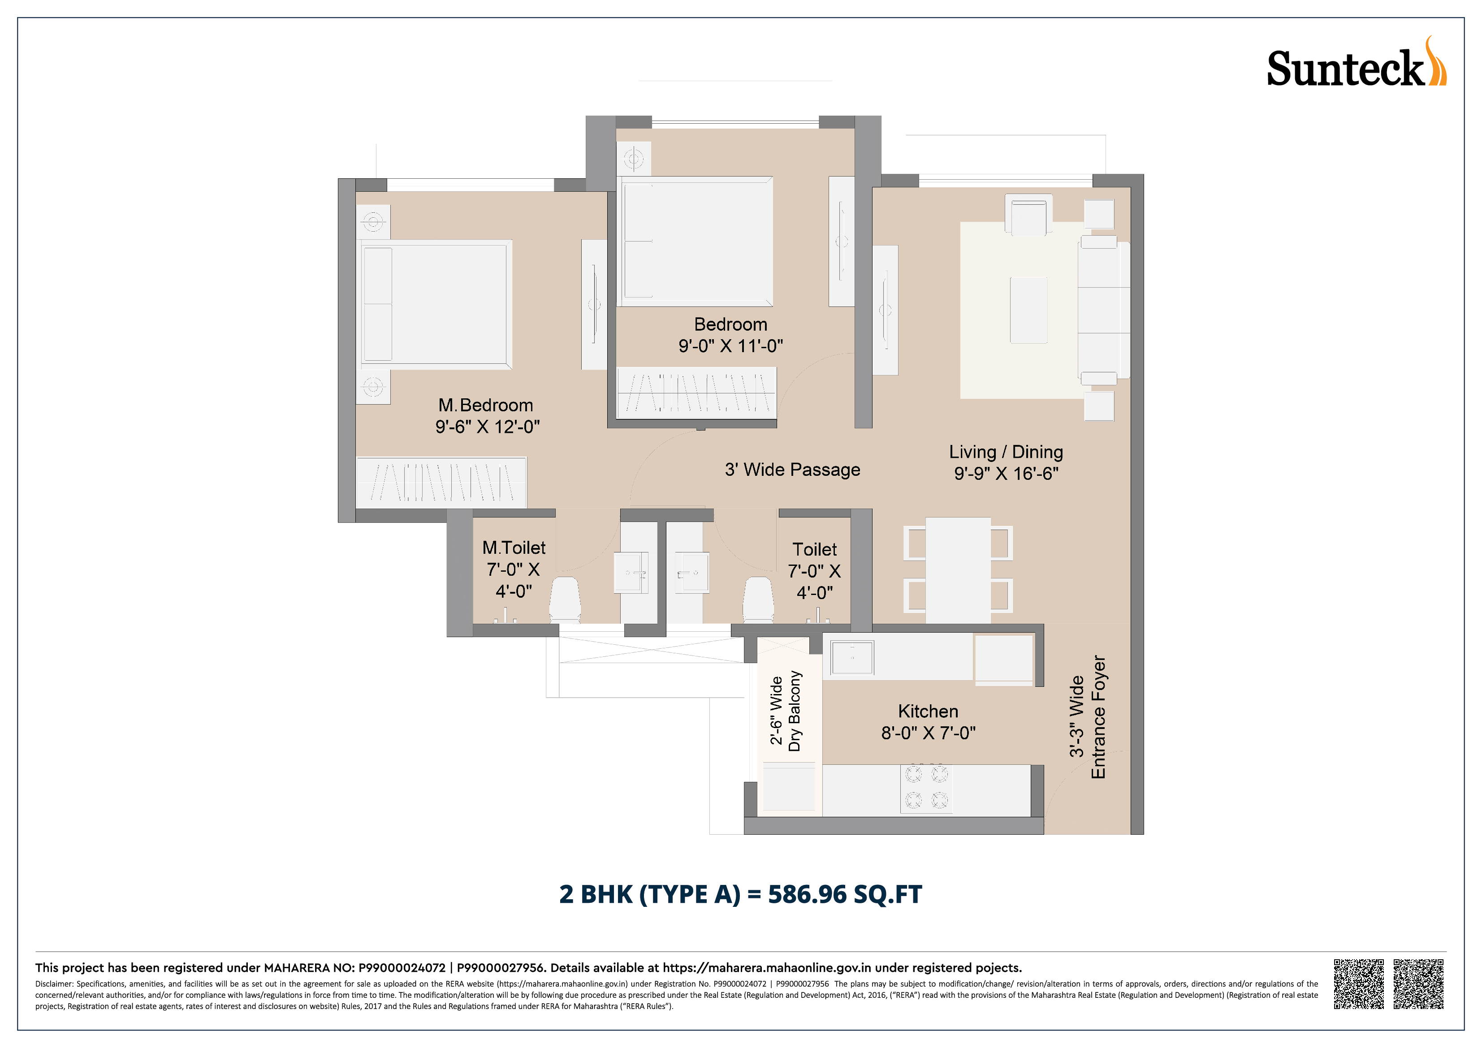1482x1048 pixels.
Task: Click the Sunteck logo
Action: (1356, 63)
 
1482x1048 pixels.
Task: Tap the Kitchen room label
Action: (928, 711)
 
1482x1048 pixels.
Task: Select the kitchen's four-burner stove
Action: (926, 789)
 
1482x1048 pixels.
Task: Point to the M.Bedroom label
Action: (485, 405)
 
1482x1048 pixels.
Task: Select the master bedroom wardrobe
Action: (441, 481)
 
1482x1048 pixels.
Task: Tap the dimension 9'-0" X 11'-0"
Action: (730, 346)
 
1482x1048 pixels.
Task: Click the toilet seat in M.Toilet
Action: (565, 599)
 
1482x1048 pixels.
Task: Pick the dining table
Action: (958, 570)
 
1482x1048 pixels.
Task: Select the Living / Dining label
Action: (1006, 452)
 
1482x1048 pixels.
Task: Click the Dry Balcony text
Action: (795, 711)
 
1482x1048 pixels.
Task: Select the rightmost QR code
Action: (1418, 984)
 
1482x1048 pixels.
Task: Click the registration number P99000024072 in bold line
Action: (402, 967)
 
